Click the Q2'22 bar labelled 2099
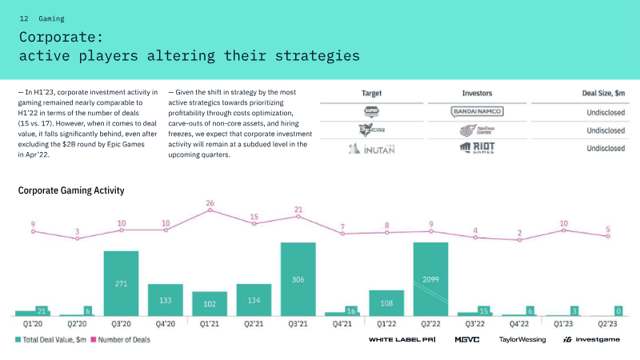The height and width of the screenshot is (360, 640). [x=430, y=279]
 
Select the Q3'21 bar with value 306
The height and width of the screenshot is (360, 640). [x=298, y=279]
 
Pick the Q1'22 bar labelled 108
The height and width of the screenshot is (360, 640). [x=386, y=303]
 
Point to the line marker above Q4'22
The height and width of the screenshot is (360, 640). [x=519, y=240]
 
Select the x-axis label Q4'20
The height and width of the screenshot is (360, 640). [x=166, y=324]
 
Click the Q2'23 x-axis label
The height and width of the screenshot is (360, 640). [x=607, y=324]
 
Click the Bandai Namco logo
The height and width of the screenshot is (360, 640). [x=477, y=111]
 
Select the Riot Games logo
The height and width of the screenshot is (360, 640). [x=477, y=148]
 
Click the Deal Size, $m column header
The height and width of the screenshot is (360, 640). [x=603, y=93]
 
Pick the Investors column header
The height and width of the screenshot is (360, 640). [x=477, y=93]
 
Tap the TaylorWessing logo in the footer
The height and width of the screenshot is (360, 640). [x=522, y=339]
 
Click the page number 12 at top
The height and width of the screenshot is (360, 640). [x=24, y=18]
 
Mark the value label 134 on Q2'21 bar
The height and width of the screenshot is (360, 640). [x=254, y=300]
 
